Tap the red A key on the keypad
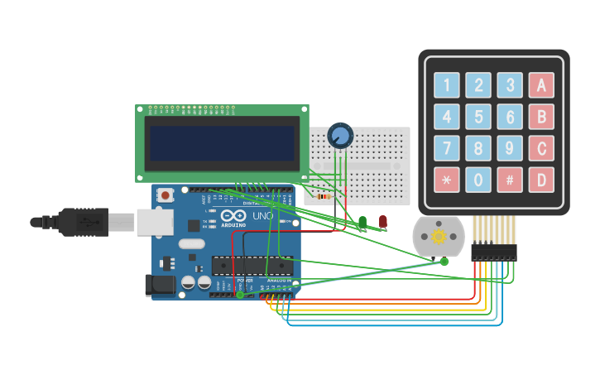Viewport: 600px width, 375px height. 541,84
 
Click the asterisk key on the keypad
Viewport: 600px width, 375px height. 447,179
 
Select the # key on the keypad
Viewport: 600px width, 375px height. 510,179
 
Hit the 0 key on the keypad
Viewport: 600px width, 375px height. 478,179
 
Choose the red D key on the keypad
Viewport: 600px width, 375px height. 541,179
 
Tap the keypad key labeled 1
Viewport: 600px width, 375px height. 447,84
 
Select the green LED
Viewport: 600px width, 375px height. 362,222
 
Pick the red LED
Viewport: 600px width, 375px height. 382,221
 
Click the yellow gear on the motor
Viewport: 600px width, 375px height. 438,237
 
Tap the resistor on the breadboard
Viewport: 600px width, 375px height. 324,197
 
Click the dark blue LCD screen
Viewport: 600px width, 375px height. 221,142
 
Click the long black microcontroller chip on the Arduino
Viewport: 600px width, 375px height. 252,265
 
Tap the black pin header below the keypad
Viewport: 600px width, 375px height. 493,252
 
